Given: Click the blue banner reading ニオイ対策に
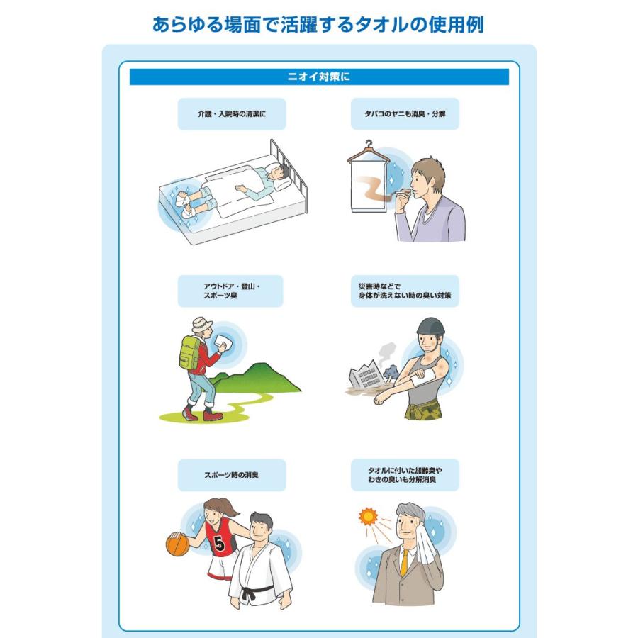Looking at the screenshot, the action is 319,77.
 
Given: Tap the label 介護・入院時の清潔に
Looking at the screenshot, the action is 232,114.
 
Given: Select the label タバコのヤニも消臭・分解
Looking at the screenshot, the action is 405,114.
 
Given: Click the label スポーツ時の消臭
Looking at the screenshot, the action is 232,475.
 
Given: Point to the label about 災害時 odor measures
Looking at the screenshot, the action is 405,291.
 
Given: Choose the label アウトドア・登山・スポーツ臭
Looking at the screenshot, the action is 230,291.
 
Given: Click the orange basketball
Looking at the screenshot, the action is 178,544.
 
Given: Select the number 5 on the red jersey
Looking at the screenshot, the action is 219,543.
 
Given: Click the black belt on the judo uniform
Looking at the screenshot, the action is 255,591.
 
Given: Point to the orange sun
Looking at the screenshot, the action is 368,516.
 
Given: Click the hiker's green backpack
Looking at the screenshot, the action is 189,352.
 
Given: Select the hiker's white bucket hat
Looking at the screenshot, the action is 202,325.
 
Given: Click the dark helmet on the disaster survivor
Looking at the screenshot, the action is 430,326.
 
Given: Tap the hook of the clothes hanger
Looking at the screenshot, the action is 369,144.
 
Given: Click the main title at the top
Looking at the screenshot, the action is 318,24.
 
